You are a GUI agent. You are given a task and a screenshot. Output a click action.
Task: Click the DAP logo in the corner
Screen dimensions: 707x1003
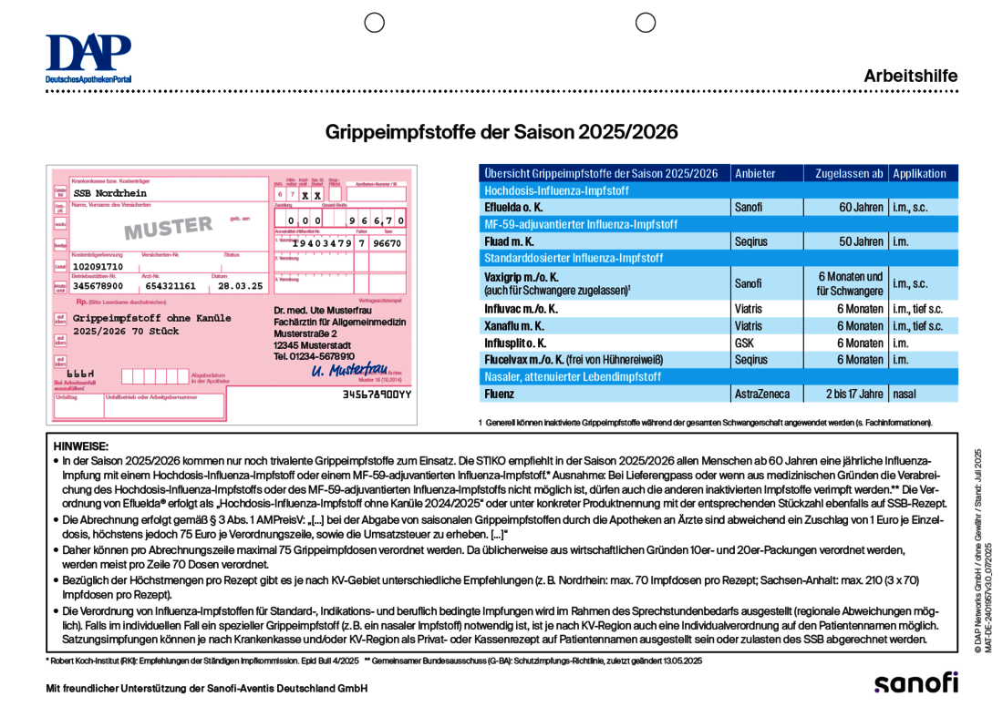(x=88, y=58)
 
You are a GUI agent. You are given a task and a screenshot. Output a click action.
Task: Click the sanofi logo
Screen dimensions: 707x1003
(x=915, y=681)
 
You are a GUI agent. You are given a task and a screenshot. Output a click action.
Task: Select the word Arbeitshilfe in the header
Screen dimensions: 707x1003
(x=910, y=77)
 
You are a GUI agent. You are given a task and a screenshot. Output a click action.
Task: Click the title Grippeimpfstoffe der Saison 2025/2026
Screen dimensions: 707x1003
(x=501, y=132)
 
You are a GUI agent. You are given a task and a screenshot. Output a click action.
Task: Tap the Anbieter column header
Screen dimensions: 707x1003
(x=756, y=173)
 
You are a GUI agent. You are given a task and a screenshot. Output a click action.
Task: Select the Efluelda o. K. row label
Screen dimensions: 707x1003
(x=514, y=207)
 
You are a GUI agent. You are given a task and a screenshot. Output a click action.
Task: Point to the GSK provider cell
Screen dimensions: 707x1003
(x=745, y=343)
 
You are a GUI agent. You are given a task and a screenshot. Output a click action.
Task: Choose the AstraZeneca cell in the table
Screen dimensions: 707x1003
(x=764, y=394)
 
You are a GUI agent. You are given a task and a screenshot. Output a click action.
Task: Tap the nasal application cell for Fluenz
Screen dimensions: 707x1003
(x=905, y=394)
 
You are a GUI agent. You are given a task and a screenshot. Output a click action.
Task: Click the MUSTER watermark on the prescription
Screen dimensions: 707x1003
(x=169, y=227)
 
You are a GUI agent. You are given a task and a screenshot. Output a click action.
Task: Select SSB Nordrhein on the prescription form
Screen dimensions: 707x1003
(x=109, y=193)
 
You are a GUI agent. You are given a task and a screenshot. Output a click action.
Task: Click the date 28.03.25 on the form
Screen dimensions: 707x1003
(x=240, y=285)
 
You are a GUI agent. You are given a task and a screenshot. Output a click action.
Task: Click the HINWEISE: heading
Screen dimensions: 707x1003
(x=81, y=446)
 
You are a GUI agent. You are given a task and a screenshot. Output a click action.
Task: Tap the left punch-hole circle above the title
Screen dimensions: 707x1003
(x=374, y=23)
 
